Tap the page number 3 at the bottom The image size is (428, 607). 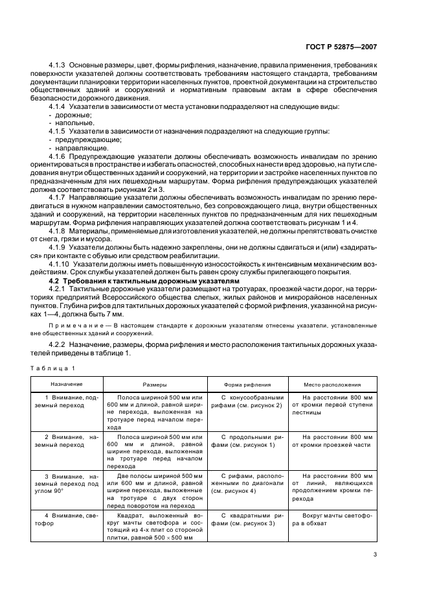[x=376, y=554]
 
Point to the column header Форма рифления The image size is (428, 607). [x=247, y=383]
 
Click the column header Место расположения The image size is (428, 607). [x=333, y=383]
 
